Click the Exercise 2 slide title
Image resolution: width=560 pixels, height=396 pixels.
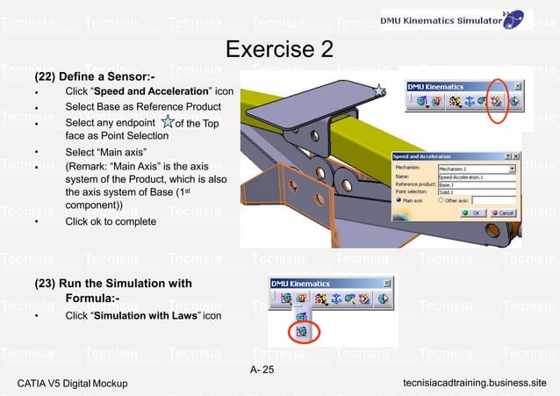pos(279,49)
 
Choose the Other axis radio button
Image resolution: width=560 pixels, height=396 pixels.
pos(439,200)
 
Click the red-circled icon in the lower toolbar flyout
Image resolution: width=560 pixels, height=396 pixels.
pos(302,331)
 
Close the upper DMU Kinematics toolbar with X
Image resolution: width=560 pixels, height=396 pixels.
pos(518,86)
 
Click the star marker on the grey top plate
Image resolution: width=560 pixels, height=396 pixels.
pos(378,90)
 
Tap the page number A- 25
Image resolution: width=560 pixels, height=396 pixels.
pos(262,368)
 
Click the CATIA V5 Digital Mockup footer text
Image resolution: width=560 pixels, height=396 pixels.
pos(72,384)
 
